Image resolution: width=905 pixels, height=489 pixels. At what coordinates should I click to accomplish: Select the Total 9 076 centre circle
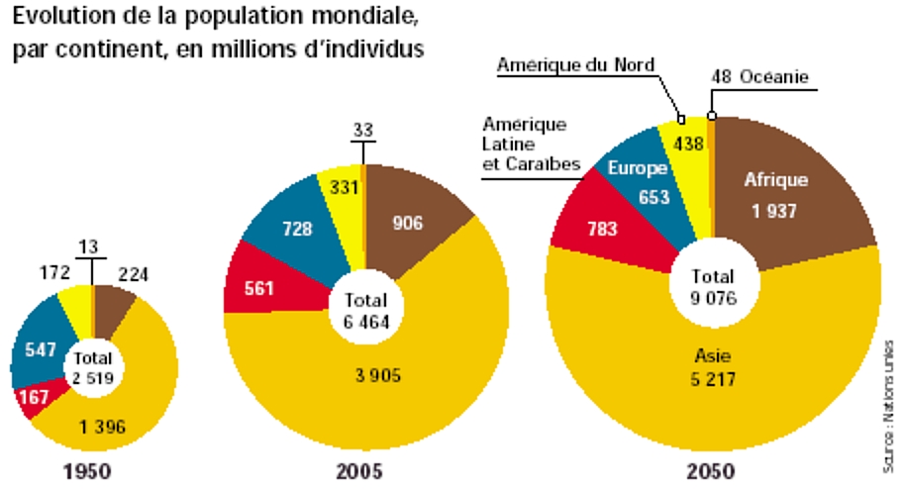tap(713, 286)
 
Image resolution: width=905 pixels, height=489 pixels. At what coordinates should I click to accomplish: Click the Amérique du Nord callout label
tap(575, 64)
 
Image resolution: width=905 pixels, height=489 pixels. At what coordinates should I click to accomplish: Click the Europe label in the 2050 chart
tap(637, 167)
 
